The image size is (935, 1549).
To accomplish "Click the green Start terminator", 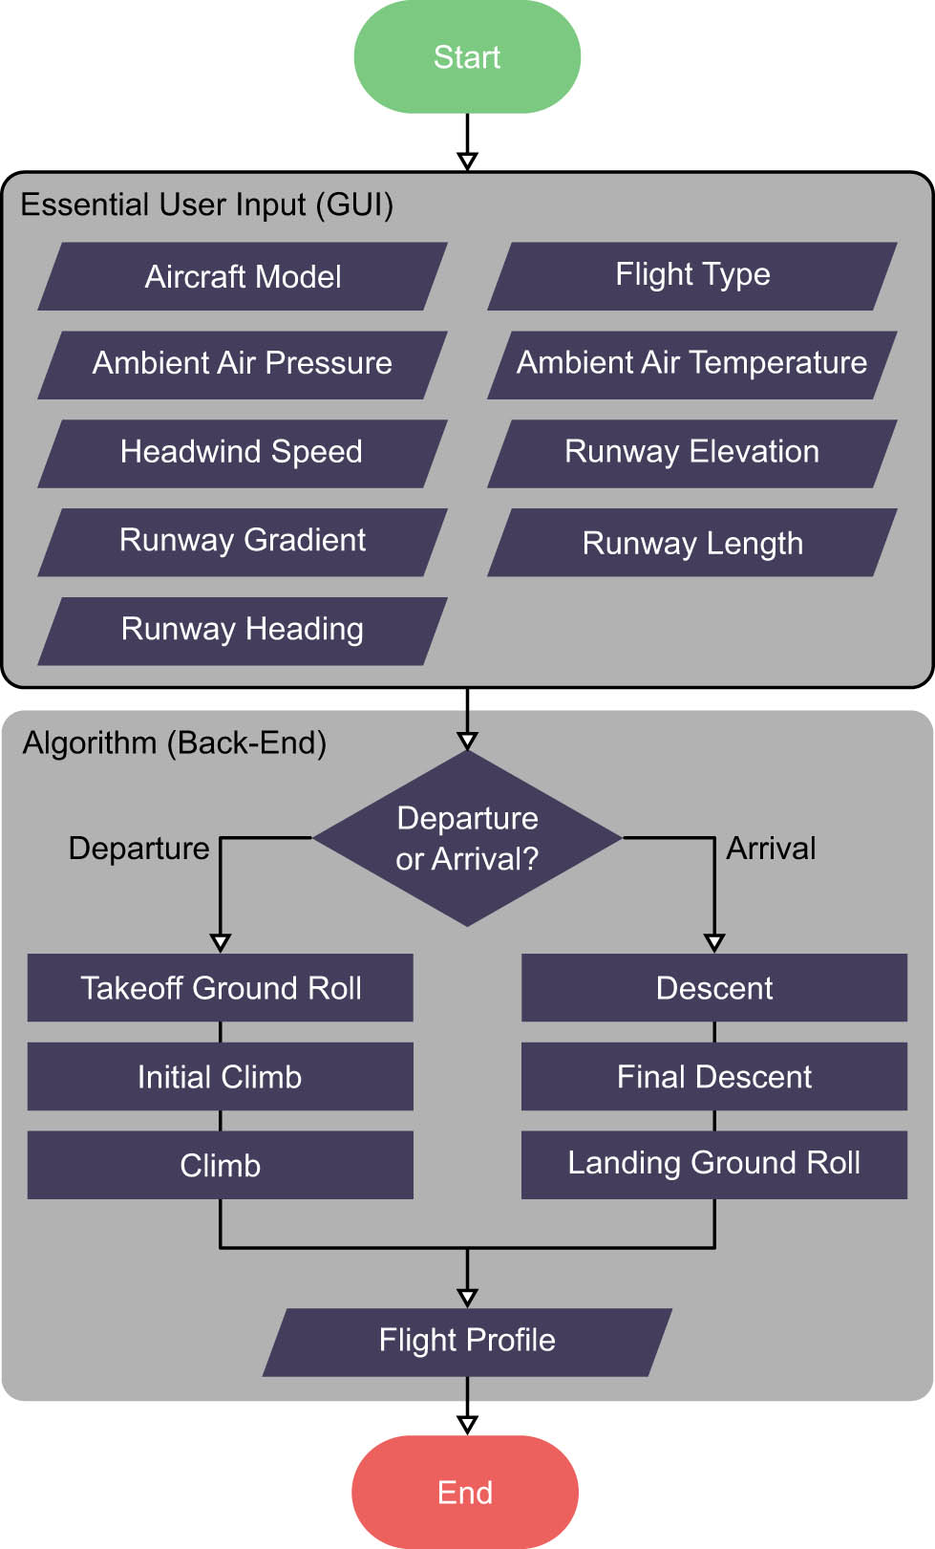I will click(467, 57).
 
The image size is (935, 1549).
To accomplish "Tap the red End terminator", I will click(465, 1492).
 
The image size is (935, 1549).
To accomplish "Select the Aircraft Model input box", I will click(243, 277).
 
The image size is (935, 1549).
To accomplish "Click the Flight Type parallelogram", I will click(692, 275).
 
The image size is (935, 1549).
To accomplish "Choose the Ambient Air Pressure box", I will click(243, 364).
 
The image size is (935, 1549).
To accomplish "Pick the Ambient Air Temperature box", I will click(692, 364).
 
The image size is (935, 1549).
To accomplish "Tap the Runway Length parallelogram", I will click(692, 543).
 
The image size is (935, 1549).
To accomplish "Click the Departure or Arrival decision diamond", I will click(467, 838).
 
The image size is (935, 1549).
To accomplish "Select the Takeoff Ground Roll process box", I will click(221, 988).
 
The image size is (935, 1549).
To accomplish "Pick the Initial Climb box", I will click(221, 1077).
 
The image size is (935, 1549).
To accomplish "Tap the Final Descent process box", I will click(714, 1077).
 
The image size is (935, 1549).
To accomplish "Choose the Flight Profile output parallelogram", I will click(467, 1342).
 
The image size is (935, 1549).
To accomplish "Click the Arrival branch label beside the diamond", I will click(771, 849).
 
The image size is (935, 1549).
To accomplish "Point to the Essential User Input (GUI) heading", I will click(207, 205).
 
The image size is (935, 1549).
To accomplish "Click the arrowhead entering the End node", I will click(467, 1425).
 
